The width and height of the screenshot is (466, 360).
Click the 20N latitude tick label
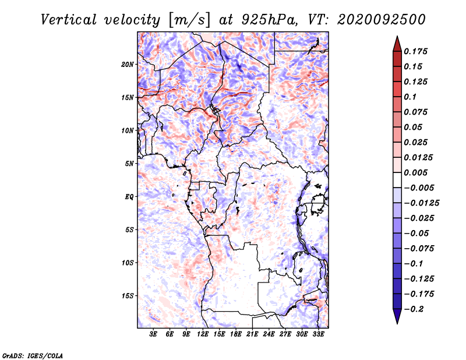pyautogui.click(x=128, y=64)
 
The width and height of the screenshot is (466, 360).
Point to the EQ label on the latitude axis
pyautogui.click(x=129, y=197)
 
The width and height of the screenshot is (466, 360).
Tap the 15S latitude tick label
pyautogui.click(x=128, y=296)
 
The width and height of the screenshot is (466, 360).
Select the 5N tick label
pyautogui.click(x=129, y=164)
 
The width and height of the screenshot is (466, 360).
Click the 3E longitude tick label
pyautogui.click(x=153, y=334)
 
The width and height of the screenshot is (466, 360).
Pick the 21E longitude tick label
pyautogui.click(x=252, y=334)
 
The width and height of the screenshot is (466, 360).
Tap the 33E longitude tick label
pyautogui.click(x=318, y=334)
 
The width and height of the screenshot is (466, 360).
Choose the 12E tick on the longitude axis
pyautogui.click(x=203, y=334)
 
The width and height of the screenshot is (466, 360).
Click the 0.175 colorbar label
pyautogui.click(x=415, y=51)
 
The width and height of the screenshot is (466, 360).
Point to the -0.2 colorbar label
pyautogui.click(x=414, y=309)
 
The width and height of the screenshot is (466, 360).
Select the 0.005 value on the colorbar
pyautogui.click(x=415, y=172)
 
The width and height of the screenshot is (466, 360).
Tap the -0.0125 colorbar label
pyautogui.click(x=421, y=203)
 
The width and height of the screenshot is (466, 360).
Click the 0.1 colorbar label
pyautogui.click(x=410, y=97)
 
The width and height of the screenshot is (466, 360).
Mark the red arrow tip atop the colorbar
pyautogui.click(x=397, y=37)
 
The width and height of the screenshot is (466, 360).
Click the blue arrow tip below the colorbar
pyautogui.click(x=397, y=323)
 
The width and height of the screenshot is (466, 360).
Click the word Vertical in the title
pyautogui.click(x=69, y=20)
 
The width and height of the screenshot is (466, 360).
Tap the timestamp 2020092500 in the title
pyautogui.click(x=382, y=20)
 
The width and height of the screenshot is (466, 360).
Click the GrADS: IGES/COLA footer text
pyautogui.click(x=33, y=356)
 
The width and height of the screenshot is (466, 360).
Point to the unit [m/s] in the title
pyautogui.click(x=189, y=20)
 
